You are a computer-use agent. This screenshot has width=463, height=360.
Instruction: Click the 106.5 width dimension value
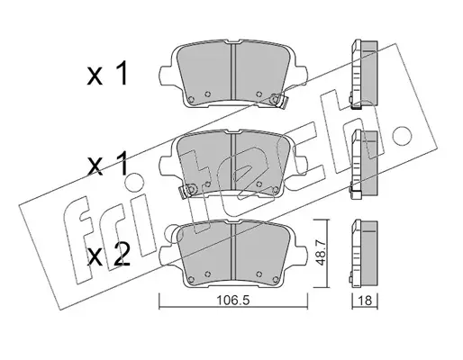(x=233, y=301)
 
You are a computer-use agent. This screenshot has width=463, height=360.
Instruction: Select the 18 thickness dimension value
(x=365, y=301)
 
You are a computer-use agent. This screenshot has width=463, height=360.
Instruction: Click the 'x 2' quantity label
(x=108, y=255)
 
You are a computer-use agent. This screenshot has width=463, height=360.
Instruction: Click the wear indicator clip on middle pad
(x=187, y=190)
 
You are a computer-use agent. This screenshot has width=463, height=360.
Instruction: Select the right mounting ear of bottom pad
(x=301, y=255)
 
